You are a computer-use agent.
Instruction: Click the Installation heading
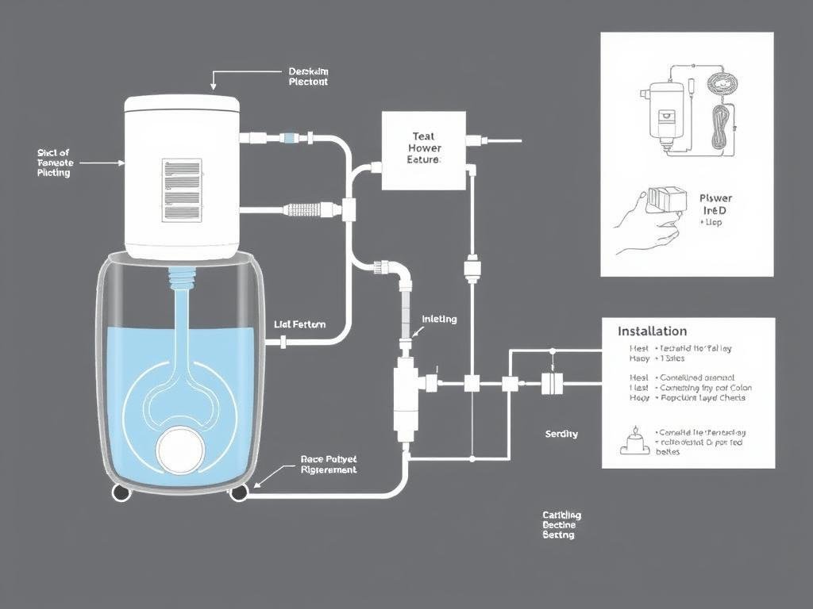652,331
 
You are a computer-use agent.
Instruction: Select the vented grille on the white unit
181,190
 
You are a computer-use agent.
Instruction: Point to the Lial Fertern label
299,324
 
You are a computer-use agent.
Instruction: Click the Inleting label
439,319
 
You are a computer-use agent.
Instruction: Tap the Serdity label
561,434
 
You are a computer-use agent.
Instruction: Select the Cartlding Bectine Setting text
561,525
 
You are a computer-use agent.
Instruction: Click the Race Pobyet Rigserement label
329,464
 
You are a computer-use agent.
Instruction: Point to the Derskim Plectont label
308,76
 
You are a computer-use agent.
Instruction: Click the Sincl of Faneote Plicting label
54,162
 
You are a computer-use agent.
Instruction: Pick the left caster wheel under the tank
121,492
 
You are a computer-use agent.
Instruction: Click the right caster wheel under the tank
238,492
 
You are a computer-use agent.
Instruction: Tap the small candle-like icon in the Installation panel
634,441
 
